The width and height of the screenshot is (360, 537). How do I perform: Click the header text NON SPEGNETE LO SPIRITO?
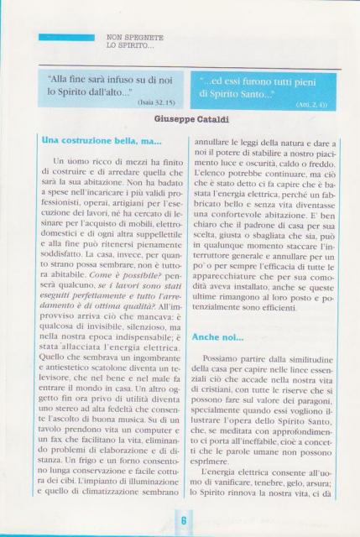(x=135, y=41)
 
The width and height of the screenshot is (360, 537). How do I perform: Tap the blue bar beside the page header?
(x=66, y=37)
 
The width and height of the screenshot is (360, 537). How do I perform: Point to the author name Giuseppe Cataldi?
(x=180, y=121)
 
